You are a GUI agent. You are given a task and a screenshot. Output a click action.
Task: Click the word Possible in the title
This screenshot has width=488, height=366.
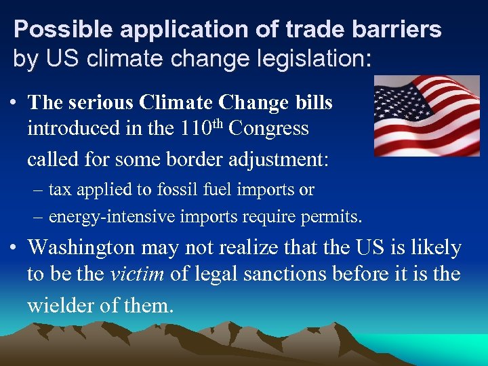coord(52,29)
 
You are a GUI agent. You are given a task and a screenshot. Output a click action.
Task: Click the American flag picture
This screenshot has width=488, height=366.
coord(426,116)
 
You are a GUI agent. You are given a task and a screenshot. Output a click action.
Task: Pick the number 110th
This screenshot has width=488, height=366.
coord(200,127)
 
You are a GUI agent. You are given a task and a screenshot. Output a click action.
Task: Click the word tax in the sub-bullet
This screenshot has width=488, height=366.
coord(60,190)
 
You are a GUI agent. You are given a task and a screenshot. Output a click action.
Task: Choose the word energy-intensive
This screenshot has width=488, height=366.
coord(112,217)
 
